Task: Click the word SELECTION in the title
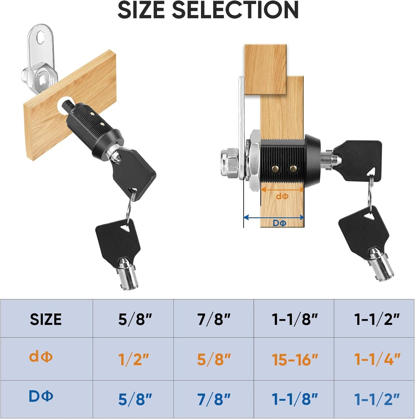(x=235, y=10)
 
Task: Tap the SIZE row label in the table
(x=46, y=319)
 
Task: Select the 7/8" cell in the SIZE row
(x=214, y=319)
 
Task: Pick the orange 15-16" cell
(x=295, y=359)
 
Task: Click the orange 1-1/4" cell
(x=377, y=359)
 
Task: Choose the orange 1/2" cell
(x=134, y=359)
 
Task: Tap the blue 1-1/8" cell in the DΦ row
(x=295, y=399)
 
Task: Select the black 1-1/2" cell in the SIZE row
(x=377, y=319)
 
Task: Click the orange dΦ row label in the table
(x=41, y=357)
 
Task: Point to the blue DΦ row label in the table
(x=41, y=396)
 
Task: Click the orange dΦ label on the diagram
(x=282, y=196)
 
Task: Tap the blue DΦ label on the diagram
(x=279, y=223)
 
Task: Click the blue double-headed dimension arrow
(x=273, y=217)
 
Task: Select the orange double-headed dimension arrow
(x=282, y=189)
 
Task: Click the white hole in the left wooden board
(x=65, y=106)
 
